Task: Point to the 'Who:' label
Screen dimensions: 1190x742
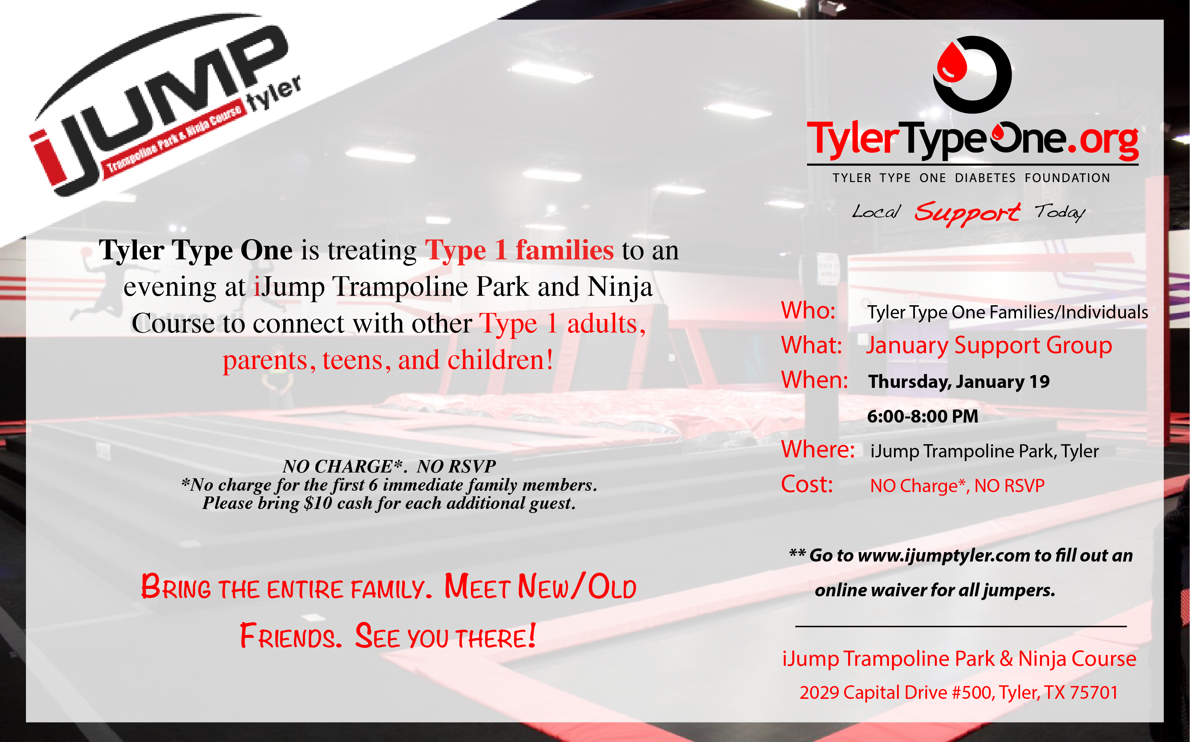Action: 808,311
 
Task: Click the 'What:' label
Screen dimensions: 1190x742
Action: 811,345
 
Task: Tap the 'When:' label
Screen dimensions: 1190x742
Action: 814,380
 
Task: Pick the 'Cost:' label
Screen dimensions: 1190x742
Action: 807,484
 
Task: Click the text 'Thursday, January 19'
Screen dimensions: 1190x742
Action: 958,382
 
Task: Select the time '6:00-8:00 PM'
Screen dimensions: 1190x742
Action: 922,416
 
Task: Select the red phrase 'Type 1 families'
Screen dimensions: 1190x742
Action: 519,250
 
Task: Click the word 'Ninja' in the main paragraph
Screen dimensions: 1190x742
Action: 620,287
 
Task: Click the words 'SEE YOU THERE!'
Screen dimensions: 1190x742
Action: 445,636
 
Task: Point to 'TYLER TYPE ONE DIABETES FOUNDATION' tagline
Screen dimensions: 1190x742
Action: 971,178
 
